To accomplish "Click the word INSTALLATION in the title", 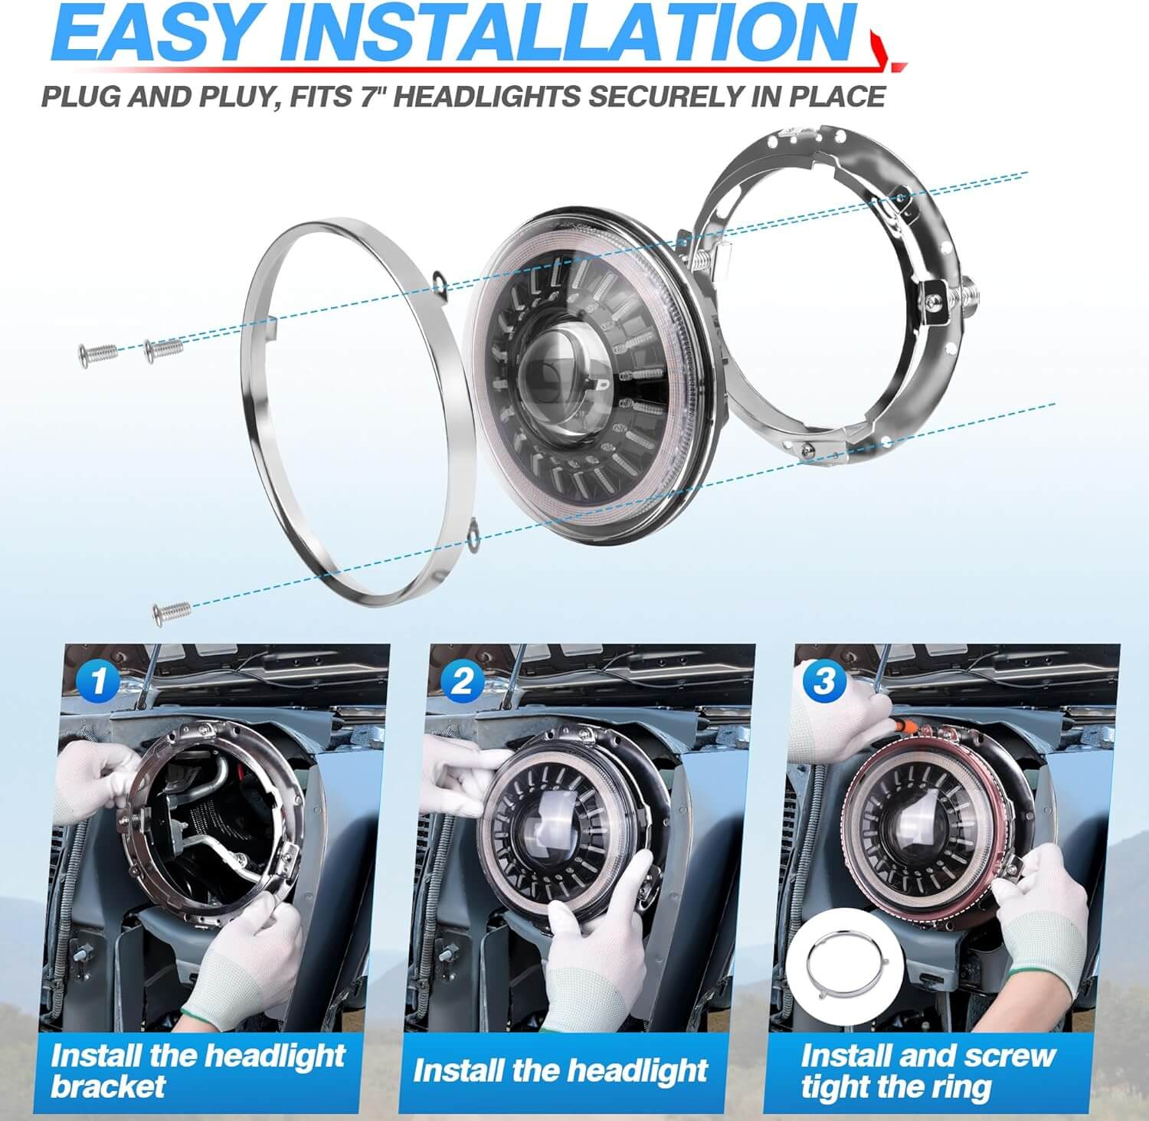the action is [x=564, y=34].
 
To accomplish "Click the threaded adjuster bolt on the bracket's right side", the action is [x=965, y=294].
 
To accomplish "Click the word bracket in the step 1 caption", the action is [x=108, y=1085].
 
